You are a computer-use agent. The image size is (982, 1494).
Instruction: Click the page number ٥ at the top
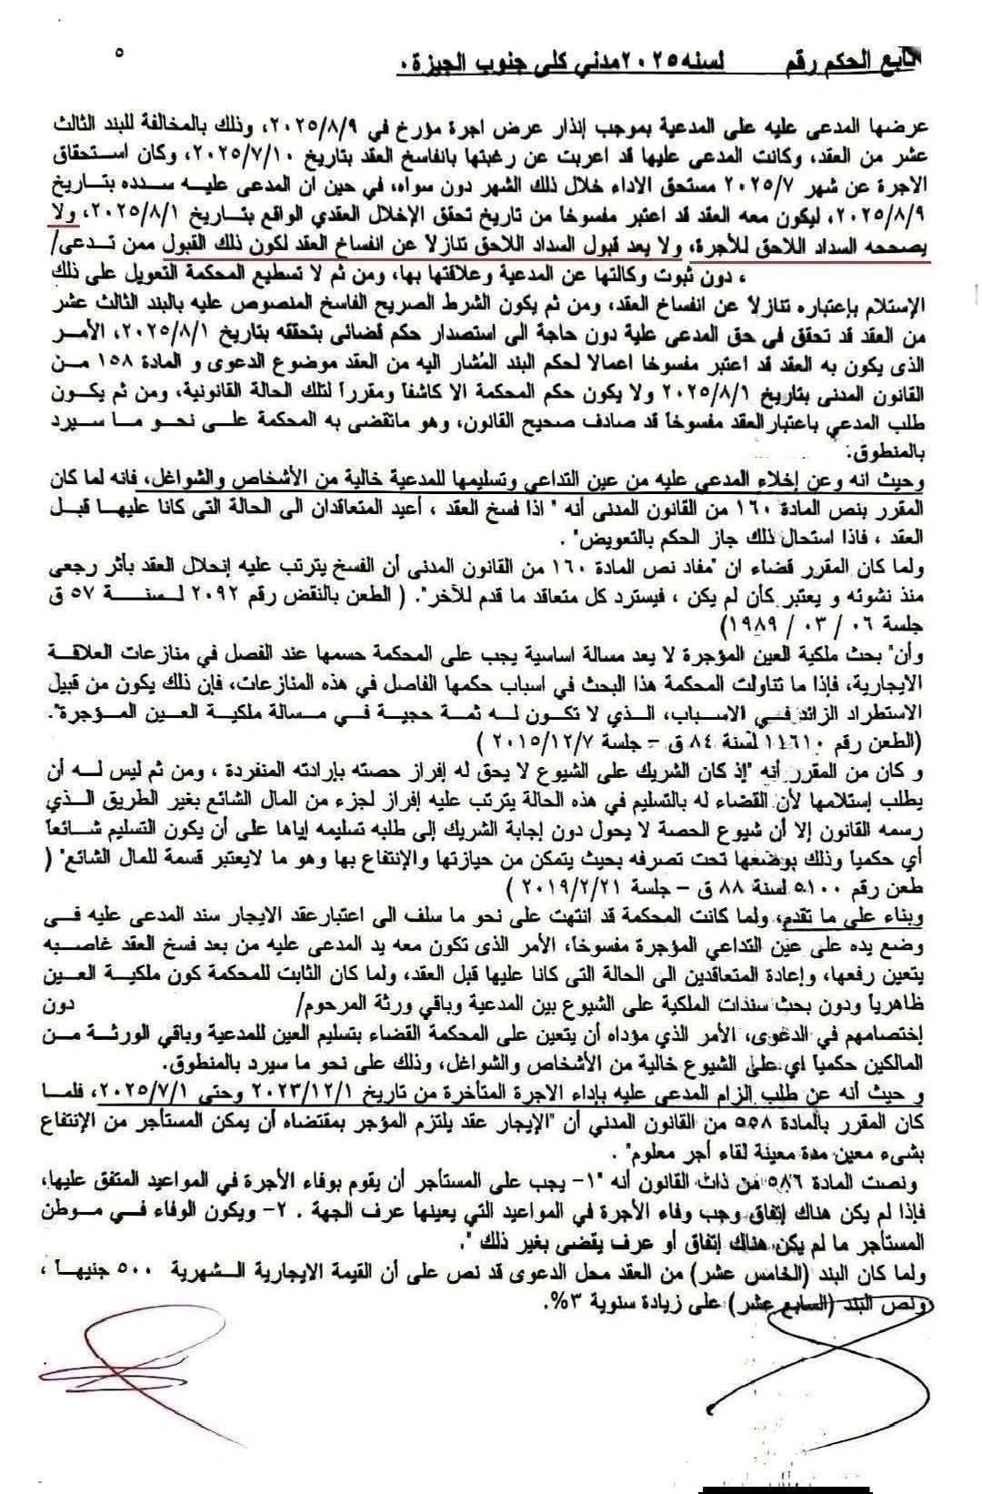pyautogui.click(x=119, y=53)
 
